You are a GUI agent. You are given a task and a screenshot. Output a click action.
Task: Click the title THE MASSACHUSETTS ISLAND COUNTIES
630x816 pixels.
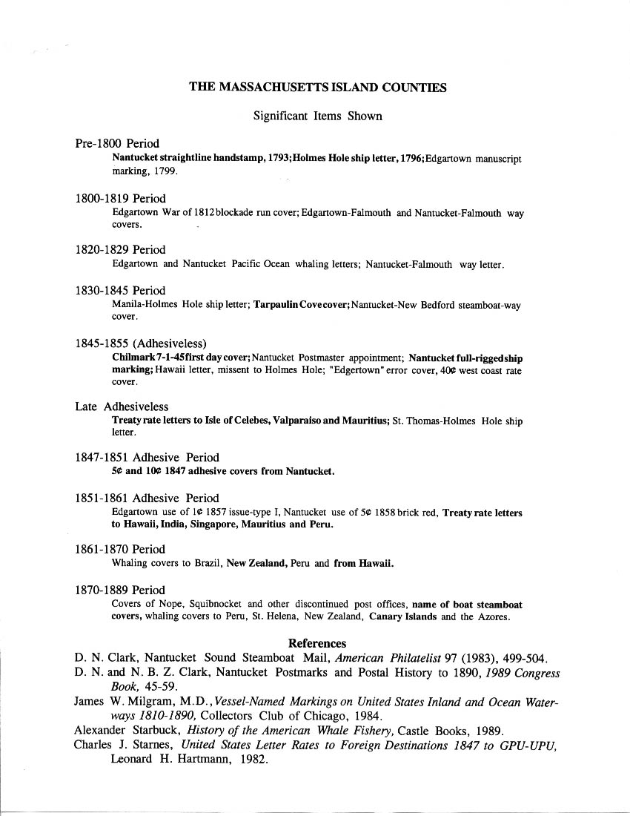tap(317, 88)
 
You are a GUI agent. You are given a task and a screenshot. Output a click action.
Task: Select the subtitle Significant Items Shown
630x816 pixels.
tap(317, 116)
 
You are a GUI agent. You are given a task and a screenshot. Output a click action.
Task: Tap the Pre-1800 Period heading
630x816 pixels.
tap(117, 143)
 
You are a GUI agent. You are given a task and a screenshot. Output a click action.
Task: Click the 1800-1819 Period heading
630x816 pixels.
tap(120, 199)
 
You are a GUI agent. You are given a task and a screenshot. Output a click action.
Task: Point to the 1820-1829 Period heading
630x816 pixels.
tap(120, 250)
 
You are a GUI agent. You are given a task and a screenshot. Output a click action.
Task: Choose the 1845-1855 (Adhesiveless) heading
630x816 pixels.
tap(140, 343)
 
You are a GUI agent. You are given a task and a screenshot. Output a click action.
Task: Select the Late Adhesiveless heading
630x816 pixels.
tap(122, 407)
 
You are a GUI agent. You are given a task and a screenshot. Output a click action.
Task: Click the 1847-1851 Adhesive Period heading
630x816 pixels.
tap(147, 458)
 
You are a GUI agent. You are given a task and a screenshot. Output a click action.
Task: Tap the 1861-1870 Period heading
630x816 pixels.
tap(120, 550)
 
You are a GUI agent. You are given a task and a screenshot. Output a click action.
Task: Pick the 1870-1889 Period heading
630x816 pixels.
tap(120, 590)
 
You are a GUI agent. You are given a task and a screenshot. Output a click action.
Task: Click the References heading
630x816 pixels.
tap(317, 643)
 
